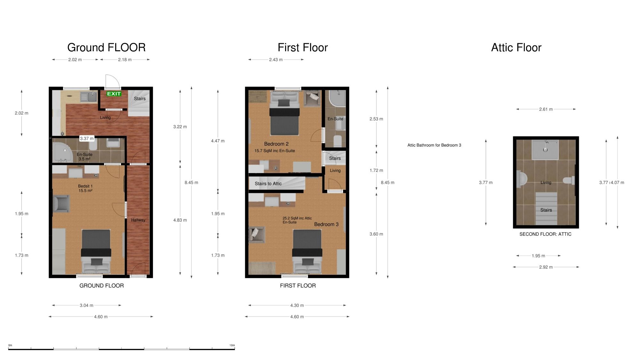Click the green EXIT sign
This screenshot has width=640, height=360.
pos(114,94)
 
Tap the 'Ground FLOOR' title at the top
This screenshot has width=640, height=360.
pos(107,47)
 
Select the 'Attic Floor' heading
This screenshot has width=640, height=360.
pos(516,47)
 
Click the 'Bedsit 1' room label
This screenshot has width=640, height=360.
pos(85,186)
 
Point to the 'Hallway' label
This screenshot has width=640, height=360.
pos(138,220)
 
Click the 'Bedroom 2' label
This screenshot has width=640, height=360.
pos(276,144)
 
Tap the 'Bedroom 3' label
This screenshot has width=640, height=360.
pos(326,224)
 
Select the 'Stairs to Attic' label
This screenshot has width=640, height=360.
pos(268,184)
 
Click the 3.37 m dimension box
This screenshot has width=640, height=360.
pos(87,139)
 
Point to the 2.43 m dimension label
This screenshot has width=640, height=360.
pos(276,60)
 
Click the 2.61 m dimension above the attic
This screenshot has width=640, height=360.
pos(546,109)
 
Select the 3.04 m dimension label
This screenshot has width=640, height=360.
pos(86,305)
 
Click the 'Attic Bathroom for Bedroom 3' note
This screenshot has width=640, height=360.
pos(434,145)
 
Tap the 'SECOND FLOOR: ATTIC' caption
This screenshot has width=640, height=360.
pos(545,234)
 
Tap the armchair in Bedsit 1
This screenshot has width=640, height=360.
pos(61,204)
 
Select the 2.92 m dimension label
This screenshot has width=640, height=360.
pos(546,267)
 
